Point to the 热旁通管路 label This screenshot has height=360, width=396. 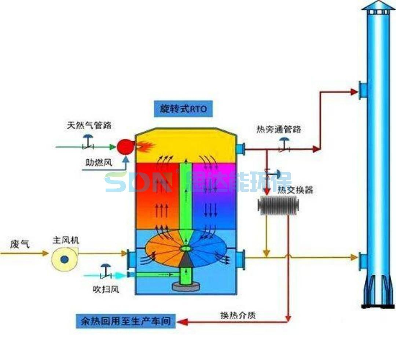tap(279, 129)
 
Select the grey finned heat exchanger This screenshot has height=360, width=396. tap(278, 206)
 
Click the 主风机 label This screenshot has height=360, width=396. tap(66, 241)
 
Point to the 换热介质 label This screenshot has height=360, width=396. tap(238, 316)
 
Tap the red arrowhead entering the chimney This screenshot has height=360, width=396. tap(354, 92)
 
